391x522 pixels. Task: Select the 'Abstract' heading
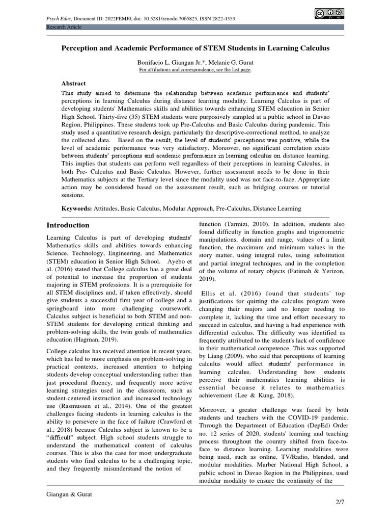[x=74, y=83]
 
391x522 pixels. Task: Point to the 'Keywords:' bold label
[x=76, y=208]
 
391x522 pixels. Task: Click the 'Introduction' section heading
[x=68, y=225]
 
